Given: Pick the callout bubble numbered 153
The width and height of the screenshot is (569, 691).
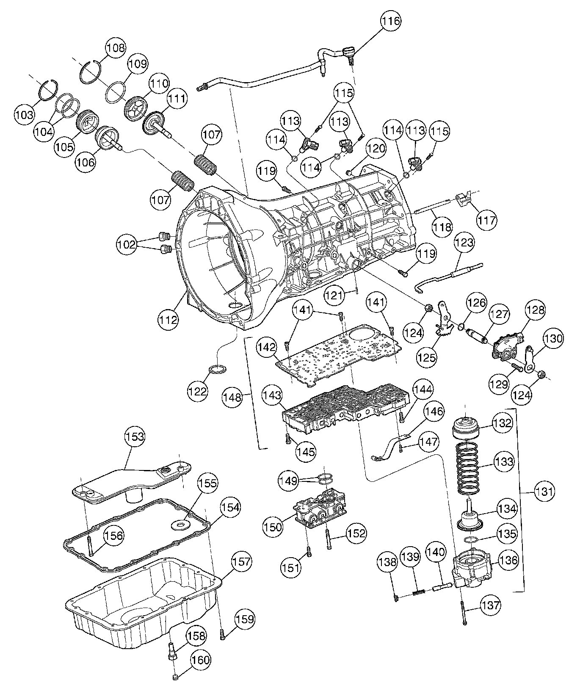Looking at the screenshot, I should (134, 436).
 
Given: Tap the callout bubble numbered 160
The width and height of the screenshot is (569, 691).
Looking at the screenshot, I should (201, 660).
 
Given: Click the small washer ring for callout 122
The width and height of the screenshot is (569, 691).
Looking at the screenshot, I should (217, 369).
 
